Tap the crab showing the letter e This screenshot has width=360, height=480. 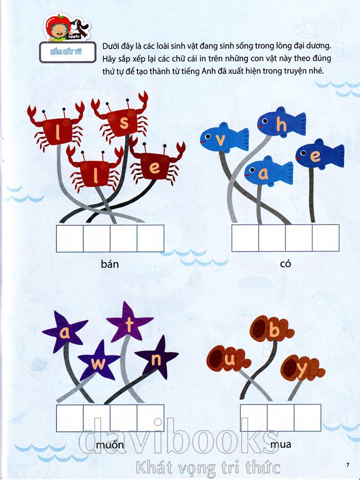pyautogui.click(x=156, y=166)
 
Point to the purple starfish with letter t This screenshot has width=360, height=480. pyautogui.click(x=130, y=323)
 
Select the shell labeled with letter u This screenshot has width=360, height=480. pyautogui.click(x=228, y=359)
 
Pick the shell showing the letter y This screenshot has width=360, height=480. pyautogui.click(x=302, y=368)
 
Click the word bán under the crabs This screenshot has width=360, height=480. pyautogui.click(x=110, y=264)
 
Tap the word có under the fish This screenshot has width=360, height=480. pyautogui.click(x=285, y=264)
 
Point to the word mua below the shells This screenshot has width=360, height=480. pyautogui.click(x=281, y=444)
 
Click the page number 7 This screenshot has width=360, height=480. pyautogui.click(x=348, y=465)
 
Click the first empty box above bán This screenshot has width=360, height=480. pyautogui.click(x=70, y=238)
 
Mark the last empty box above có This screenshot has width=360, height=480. pyautogui.click(x=326, y=238)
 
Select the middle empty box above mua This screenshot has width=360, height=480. pyautogui.click(x=281, y=417)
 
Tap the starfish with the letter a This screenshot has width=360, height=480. pyautogui.click(x=64, y=333)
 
